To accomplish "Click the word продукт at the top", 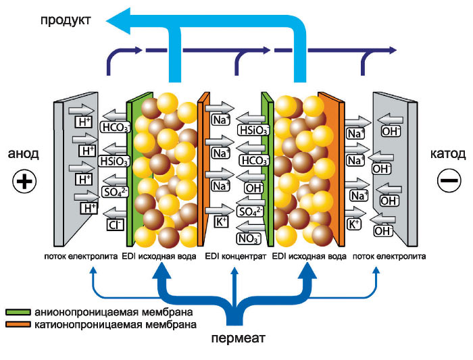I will tap(66, 20).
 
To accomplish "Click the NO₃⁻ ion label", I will tap(248, 237).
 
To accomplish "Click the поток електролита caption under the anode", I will tap(81, 257).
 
